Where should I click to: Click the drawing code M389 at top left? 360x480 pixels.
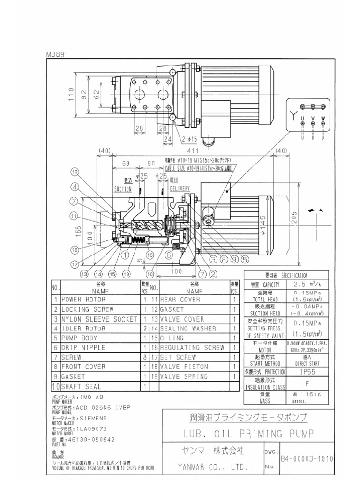click(x=55, y=54)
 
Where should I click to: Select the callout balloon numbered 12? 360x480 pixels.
click(x=75, y=172)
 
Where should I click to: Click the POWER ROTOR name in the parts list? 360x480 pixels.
click(x=84, y=299)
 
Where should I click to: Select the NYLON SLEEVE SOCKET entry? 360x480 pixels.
click(x=99, y=319)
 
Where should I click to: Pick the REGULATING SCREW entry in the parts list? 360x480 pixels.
click(x=192, y=348)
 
